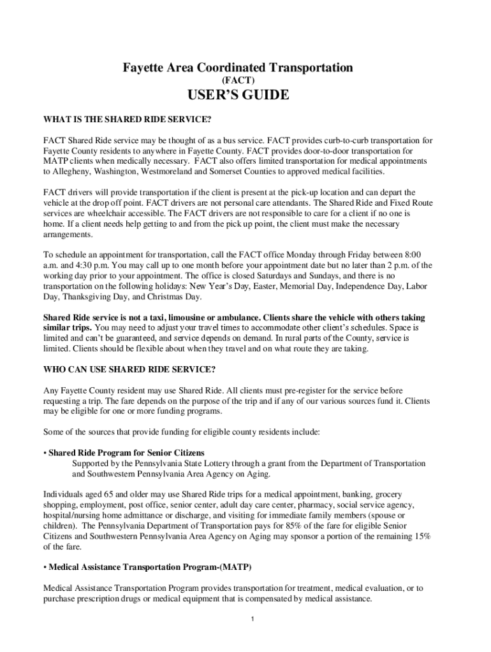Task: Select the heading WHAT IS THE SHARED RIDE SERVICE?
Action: coord(127,118)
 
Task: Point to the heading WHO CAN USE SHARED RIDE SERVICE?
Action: coord(129,369)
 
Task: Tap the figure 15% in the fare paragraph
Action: coord(421,536)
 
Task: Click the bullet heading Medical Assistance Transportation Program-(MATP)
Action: coord(151,567)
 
